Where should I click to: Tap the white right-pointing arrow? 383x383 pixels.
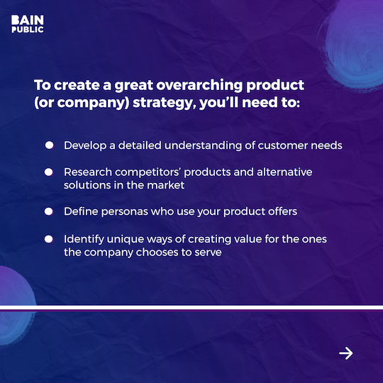point(345,353)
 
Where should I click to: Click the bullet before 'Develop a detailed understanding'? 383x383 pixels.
point(49,145)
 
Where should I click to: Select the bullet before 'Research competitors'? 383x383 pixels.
point(49,172)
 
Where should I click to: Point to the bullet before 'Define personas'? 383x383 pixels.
point(49,211)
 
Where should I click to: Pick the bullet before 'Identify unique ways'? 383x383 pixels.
point(49,239)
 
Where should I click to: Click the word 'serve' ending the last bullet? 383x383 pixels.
point(207,251)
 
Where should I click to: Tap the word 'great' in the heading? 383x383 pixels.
point(121,85)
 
